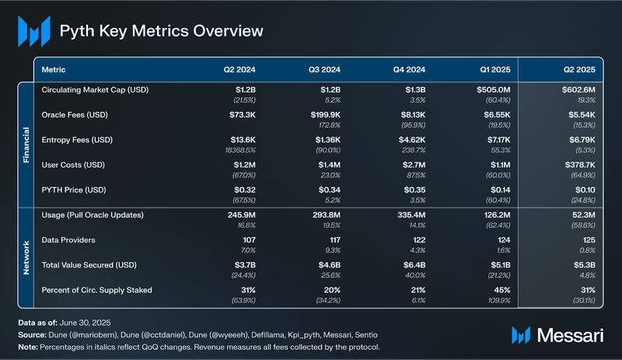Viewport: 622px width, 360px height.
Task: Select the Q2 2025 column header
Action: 578,70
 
